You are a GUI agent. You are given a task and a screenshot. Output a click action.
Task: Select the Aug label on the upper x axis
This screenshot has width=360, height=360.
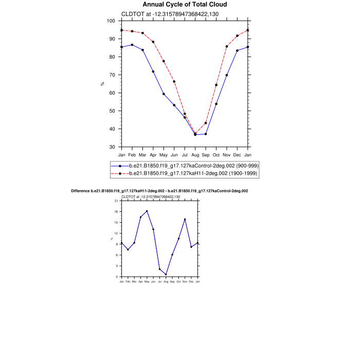click(195, 155)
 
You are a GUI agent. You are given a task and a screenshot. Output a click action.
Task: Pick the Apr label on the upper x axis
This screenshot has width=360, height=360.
click(153, 155)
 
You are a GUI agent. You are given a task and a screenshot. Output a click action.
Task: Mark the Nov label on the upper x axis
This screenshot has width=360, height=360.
click(227, 155)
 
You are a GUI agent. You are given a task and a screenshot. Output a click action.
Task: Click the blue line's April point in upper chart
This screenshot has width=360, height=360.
click(153, 71)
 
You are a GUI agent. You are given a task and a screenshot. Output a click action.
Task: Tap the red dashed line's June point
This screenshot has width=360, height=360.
click(174, 81)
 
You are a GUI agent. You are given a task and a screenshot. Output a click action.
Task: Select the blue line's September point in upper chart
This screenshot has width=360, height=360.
click(206, 134)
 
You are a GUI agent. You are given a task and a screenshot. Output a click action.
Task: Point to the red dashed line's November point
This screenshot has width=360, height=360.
click(227, 46)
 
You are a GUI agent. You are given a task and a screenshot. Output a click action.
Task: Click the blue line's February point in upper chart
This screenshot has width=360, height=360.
click(132, 45)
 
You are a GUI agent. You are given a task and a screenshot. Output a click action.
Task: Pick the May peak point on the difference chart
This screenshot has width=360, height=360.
click(147, 211)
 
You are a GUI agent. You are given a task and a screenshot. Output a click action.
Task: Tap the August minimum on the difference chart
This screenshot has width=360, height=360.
click(166, 274)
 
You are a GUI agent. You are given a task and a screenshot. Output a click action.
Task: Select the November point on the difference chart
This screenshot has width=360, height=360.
click(185, 219)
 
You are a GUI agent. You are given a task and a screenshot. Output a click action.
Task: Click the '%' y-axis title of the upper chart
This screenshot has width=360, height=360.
click(102, 83)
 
